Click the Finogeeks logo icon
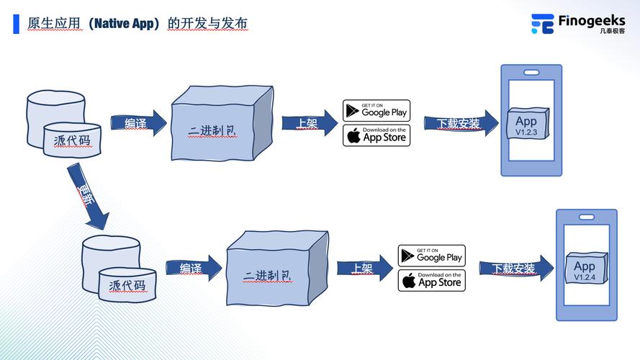[542, 24]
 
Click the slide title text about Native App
[138, 24]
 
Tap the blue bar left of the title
[16, 24]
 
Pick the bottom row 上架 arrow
[364, 268]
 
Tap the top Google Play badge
[377, 110]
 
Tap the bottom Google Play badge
[432, 256]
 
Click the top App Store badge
[377, 135]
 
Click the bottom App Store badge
[432, 280]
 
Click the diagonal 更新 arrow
[89, 196]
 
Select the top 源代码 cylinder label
[72, 140]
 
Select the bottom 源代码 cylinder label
[127, 284]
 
